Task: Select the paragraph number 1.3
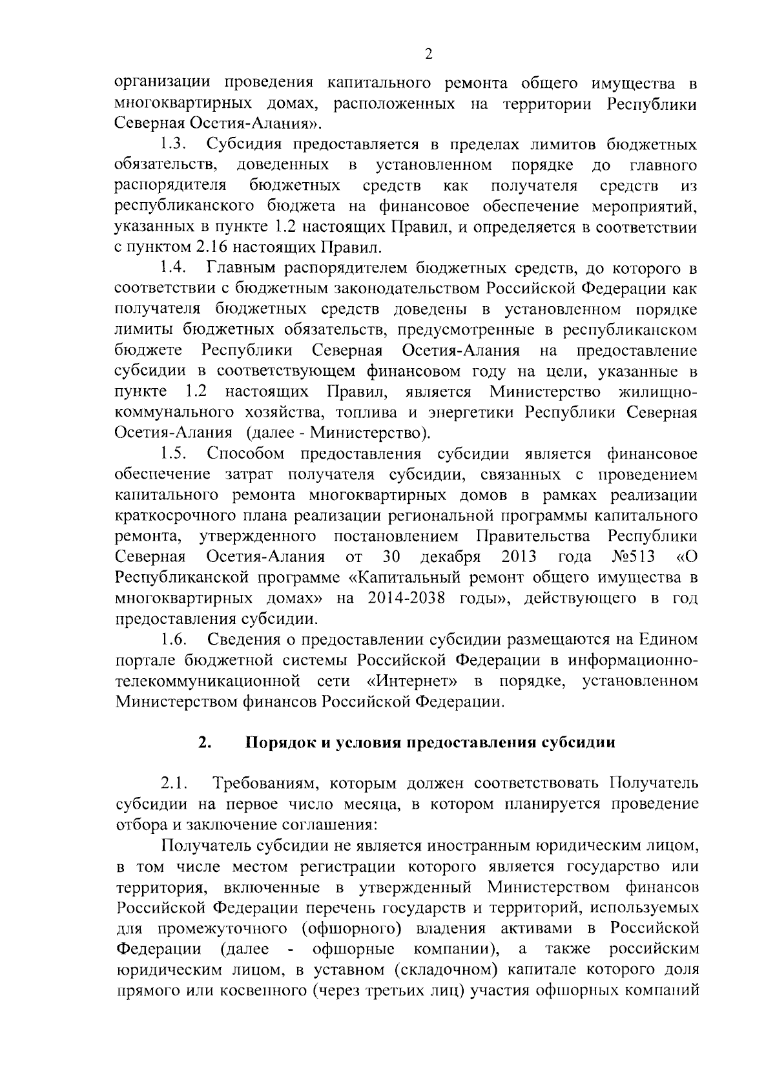174,144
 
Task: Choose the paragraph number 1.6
174,639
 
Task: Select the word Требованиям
265,784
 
